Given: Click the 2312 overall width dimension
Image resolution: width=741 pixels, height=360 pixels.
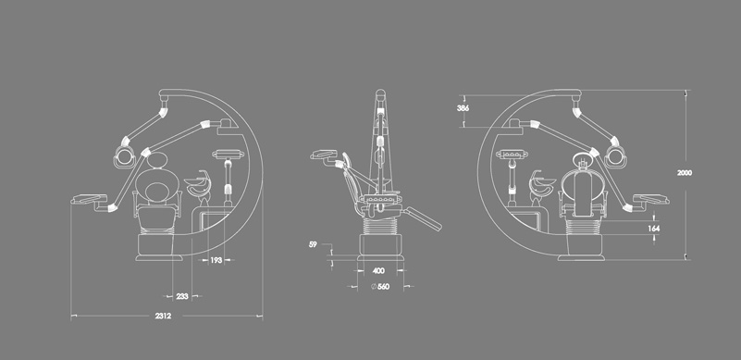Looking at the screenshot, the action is pyautogui.click(x=163, y=316).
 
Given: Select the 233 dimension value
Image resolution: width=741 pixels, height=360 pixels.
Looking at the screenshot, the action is pyautogui.click(x=182, y=297).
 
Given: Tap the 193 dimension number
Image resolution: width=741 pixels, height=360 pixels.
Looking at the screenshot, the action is pyautogui.click(x=216, y=260).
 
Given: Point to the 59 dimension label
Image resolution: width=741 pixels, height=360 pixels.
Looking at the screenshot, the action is pyautogui.click(x=313, y=244).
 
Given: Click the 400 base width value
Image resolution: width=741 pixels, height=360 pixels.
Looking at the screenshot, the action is pyautogui.click(x=378, y=271).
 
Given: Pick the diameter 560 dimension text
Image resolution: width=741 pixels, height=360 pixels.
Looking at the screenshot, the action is pyautogui.click(x=380, y=286).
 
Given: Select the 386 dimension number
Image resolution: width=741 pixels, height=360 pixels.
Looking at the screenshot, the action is pyautogui.click(x=463, y=108).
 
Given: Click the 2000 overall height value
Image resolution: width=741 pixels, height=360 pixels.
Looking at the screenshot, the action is pyautogui.click(x=685, y=173).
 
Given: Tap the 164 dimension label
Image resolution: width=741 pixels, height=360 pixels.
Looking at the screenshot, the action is pyautogui.click(x=654, y=229).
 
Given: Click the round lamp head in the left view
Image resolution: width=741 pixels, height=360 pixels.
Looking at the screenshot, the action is pyautogui.click(x=124, y=156).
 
